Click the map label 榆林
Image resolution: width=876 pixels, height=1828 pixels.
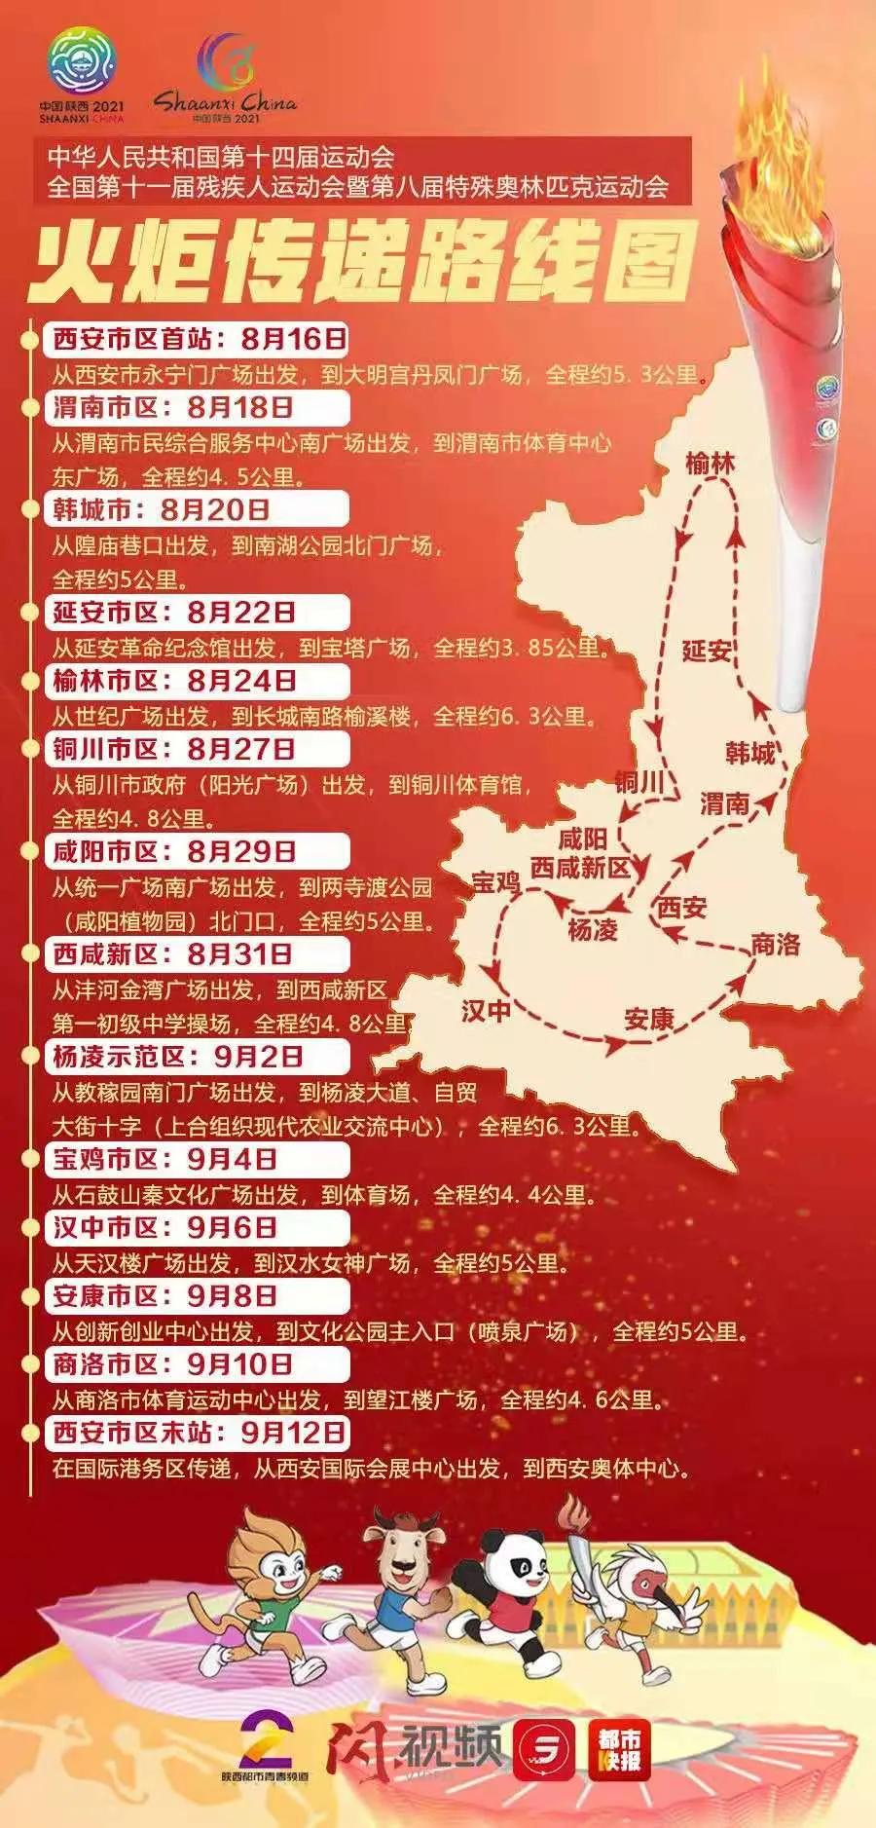tap(710, 464)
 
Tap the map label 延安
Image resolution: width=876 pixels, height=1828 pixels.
tap(707, 650)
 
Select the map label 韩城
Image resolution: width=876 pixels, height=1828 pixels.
tap(750, 752)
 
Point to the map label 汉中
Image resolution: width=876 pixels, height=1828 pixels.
tap(486, 1010)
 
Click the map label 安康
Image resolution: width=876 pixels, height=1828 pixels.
tap(649, 1019)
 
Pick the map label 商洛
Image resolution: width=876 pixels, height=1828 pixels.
tap(775, 943)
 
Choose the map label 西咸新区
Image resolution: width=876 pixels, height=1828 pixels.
tap(581, 867)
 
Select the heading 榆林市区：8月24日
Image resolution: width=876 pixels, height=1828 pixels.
tap(174, 680)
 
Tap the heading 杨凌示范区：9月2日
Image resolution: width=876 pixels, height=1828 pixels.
tap(178, 1056)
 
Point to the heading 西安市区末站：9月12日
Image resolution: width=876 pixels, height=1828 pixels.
tap(199, 1431)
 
